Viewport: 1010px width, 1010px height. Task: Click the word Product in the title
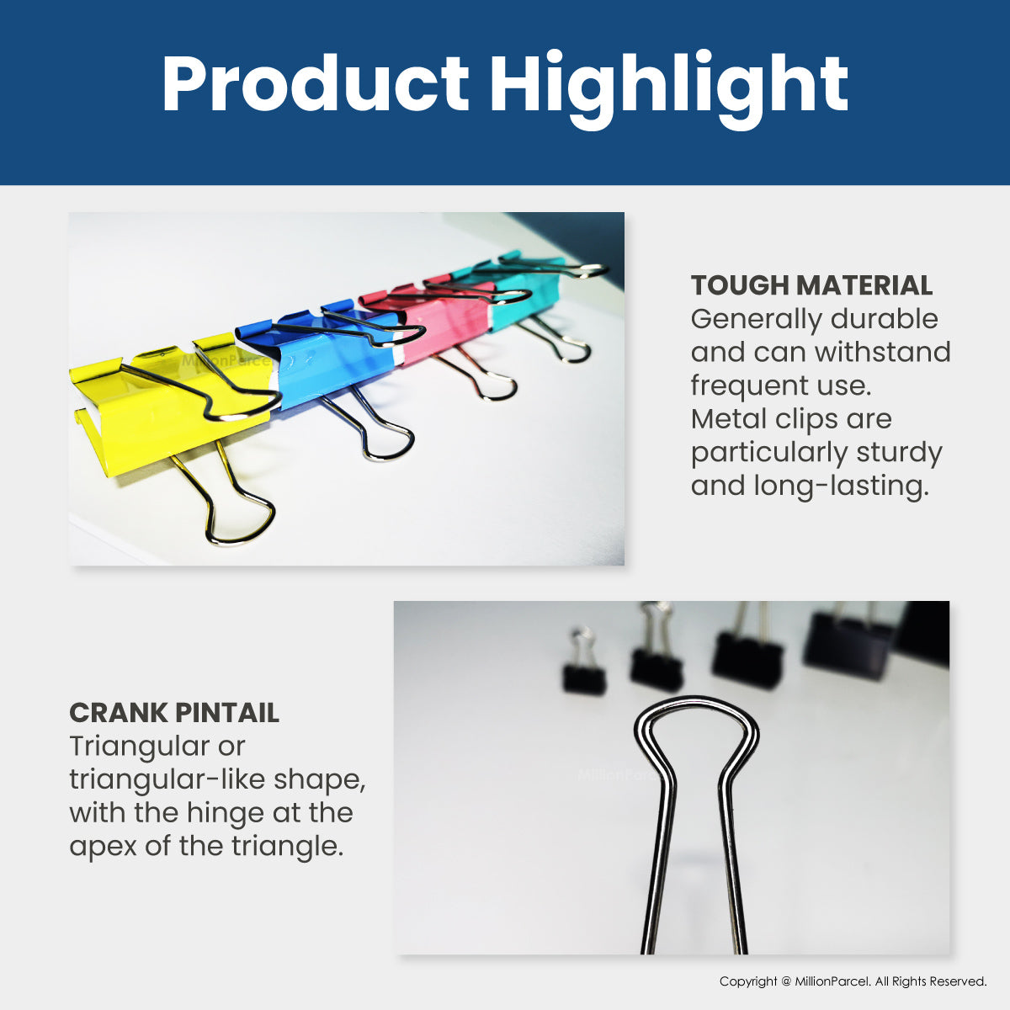316,83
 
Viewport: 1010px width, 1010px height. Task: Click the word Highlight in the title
668,88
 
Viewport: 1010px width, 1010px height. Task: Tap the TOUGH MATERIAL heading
811,285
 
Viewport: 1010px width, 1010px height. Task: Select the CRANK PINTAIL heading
174,713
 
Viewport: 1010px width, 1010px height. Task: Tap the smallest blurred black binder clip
583,679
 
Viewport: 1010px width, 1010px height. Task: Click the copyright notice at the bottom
853,981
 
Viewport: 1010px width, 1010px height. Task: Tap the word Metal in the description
723,419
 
